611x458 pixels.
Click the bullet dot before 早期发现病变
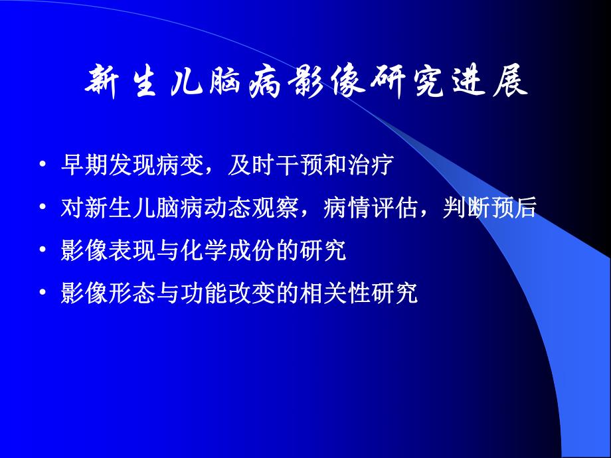coord(43,166)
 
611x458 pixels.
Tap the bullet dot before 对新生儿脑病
coord(43,208)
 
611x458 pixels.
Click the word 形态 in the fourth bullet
coord(124,293)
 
